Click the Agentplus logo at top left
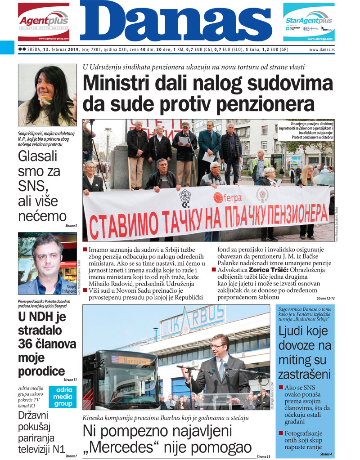43,22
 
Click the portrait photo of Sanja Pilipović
47,95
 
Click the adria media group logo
63,397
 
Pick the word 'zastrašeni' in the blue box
304,374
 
